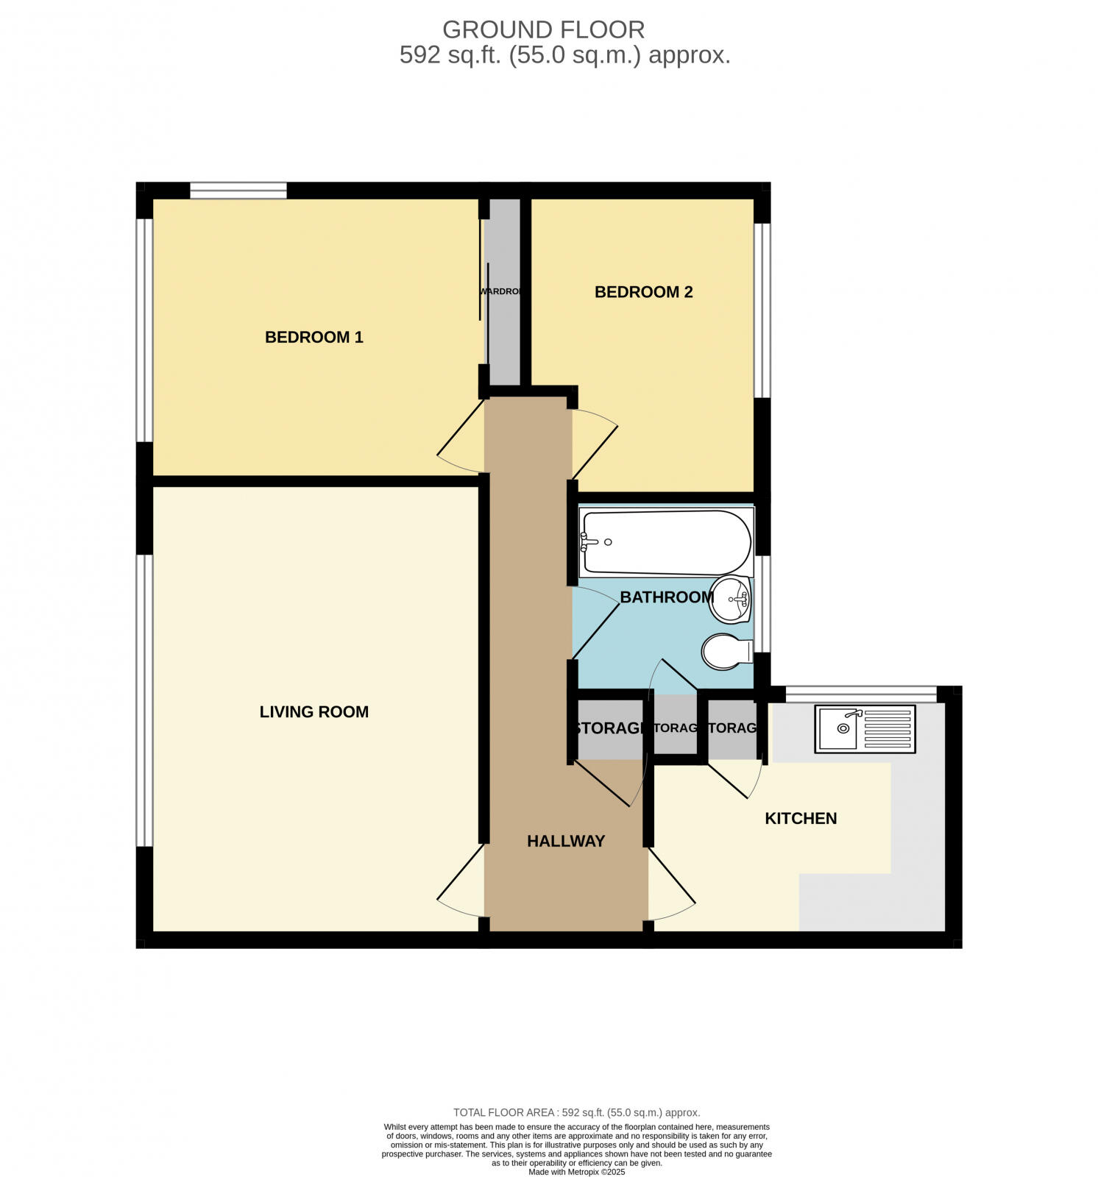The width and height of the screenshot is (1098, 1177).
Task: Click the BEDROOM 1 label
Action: tap(314, 337)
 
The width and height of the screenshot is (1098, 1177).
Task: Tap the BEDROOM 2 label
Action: tap(643, 292)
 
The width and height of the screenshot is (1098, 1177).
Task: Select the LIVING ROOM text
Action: tap(314, 711)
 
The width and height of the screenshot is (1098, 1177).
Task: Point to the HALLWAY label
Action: tap(566, 841)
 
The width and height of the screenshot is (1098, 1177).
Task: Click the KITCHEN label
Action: tap(801, 818)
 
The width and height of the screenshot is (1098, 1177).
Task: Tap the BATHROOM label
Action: tap(667, 597)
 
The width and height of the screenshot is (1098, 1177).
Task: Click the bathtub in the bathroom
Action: tap(665, 542)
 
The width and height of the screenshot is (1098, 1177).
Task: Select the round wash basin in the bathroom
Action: tap(731, 600)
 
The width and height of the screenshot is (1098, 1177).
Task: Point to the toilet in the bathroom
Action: tap(726, 652)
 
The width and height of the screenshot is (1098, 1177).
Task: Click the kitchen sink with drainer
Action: tap(865, 728)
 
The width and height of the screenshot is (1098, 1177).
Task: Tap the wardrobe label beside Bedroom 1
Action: tap(501, 291)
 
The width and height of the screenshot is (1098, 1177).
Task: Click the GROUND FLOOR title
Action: tap(543, 29)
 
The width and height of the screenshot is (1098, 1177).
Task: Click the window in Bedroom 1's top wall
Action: tap(238, 191)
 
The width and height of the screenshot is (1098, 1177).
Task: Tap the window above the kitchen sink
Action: tap(860, 693)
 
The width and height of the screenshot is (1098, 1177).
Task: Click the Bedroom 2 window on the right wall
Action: tap(762, 310)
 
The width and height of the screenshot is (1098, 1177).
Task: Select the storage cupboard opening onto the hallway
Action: tap(609, 728)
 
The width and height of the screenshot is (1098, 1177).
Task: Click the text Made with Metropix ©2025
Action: tap(576, 1171)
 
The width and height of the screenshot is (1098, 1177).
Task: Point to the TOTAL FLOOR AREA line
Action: tap(576, 1112)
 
